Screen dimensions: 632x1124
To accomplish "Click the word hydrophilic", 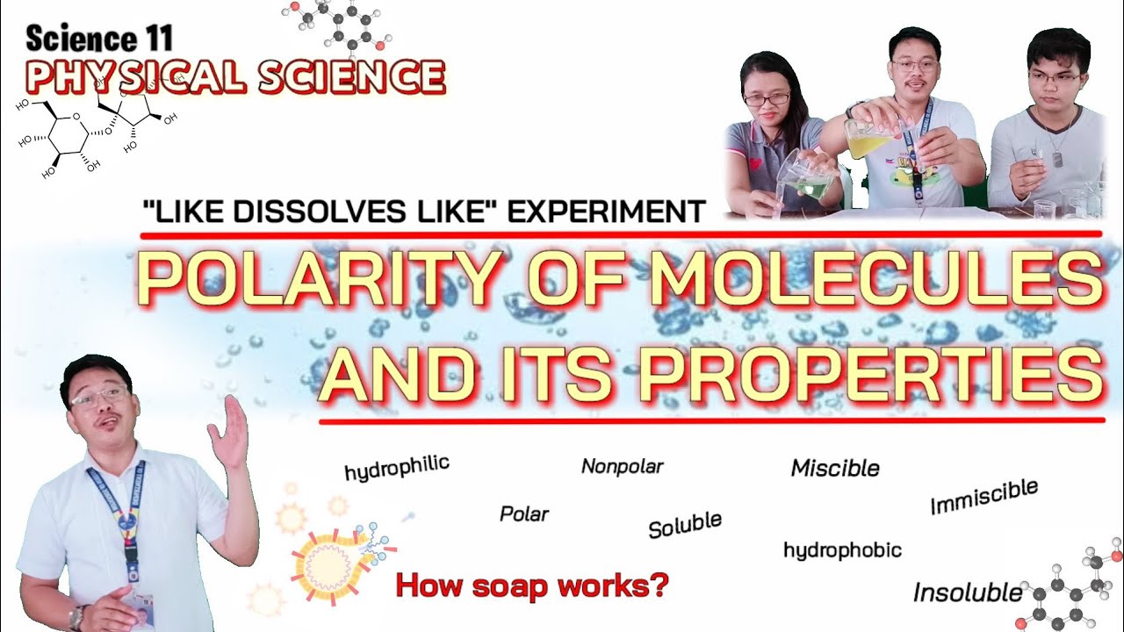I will tap(397, 467).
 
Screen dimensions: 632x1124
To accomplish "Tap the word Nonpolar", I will tap(622, 466).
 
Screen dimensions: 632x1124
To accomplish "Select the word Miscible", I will tap(835, 468).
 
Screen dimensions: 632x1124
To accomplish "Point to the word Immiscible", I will tap(983, 497).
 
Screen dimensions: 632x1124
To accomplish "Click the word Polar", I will tap(523, 513).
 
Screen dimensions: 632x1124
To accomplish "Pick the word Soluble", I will tap(685, 524).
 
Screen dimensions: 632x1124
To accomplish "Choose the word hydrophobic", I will tap(842, 550).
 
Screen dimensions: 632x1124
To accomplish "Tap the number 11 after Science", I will tap(156, 39).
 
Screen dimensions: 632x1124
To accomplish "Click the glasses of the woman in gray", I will tap(766, 98).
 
